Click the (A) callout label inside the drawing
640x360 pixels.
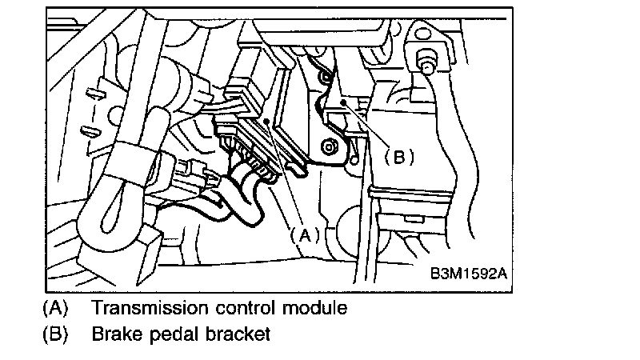point(303,234)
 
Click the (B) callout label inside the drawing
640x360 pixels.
point(400,157)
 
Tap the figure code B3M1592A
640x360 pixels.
point(468,274)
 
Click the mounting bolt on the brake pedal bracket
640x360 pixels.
point(329,148)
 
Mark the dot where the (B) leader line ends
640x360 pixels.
point(342,103)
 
